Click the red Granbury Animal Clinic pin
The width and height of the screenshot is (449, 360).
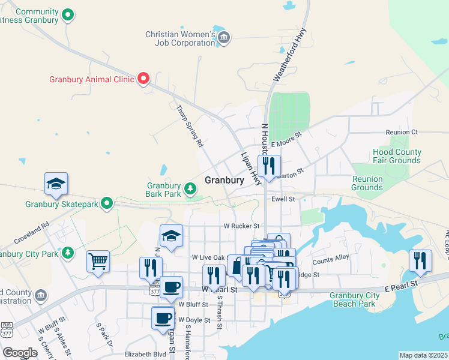tap(143, 79)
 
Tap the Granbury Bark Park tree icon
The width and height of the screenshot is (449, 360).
tap(191, 190)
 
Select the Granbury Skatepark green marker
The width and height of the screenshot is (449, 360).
tap(107, 204)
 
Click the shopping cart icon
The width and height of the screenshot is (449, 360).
tap(98, 262)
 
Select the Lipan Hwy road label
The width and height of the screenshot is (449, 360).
tap(252, 168)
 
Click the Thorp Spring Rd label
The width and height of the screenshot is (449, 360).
tap(188, 127)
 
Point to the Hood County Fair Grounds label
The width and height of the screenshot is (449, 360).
tap(397, 157)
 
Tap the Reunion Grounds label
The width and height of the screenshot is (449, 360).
tap(367, 183)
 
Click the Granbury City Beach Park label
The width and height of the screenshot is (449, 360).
tap(355, 299)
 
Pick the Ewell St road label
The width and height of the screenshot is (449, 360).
tap(283, 199)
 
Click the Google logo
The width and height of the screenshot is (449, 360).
tap(20, 353)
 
